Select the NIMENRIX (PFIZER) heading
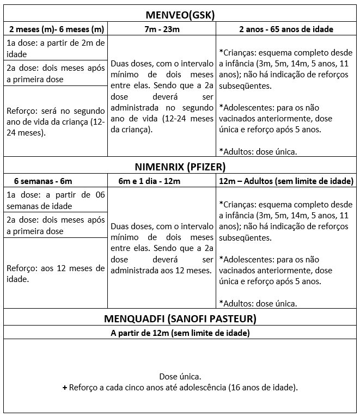(179, 167)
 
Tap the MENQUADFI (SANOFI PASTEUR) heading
(179, 318)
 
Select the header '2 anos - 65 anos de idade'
(286, 29)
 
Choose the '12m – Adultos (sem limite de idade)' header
(286, 181)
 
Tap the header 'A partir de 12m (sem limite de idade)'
(180, 332)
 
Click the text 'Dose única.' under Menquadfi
(180, 377)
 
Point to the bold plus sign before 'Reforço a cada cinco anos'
(65, 388)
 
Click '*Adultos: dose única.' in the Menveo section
(258, 151)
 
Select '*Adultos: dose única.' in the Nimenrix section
(258, 303)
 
